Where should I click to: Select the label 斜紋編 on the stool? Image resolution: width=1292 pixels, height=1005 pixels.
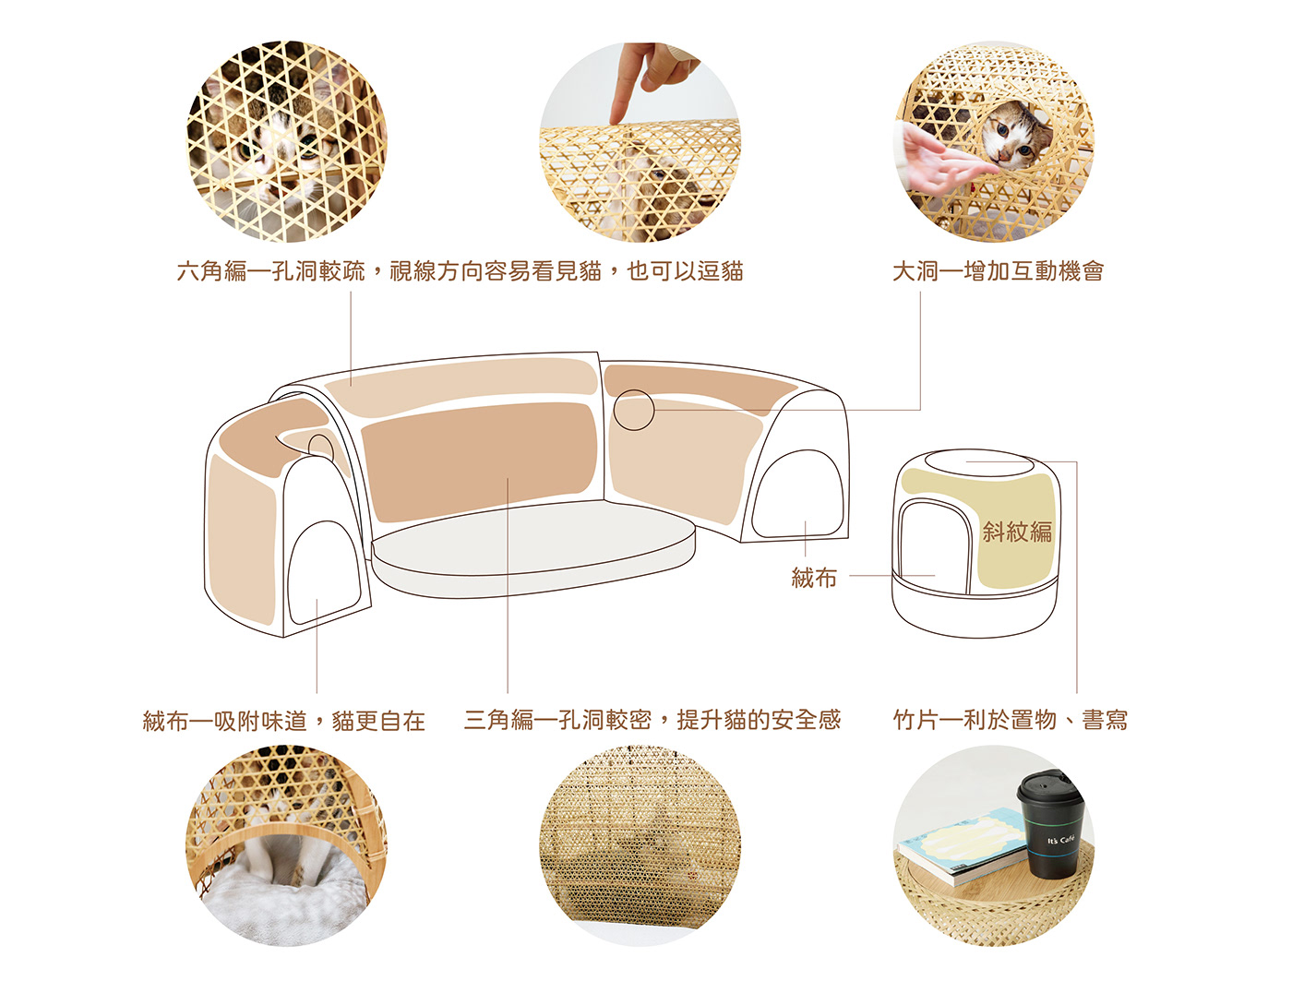[x=1017, y=532]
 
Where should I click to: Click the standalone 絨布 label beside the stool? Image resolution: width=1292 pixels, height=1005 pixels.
[x=814, y=577]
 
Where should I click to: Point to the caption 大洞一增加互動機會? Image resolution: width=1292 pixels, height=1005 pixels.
[x=999, y=271]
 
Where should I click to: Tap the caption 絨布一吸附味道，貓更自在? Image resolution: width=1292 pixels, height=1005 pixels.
[x=284, y=721]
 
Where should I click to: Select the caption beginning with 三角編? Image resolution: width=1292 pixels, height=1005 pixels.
[x=652, y=720]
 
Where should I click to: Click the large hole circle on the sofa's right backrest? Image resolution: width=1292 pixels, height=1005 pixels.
[x=634, y=410]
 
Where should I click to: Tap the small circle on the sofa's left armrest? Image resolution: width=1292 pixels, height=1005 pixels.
[x=321, y=449]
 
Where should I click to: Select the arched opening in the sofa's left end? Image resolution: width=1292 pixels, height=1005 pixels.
[x=324, y=572]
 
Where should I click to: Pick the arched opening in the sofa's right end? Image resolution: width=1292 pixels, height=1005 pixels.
[x=798, y=494]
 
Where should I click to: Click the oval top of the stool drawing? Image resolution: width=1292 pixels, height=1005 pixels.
[x=977, y=462]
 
